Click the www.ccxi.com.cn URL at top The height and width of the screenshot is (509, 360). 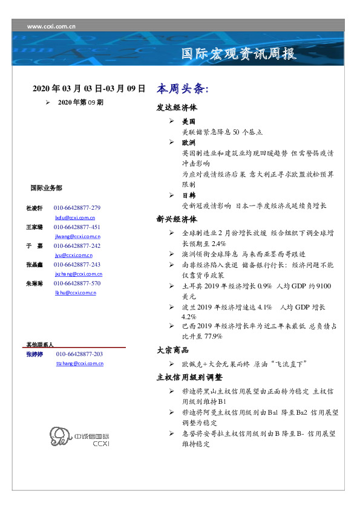coord(51,26)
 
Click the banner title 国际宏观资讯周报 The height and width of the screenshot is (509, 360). coord(239,54)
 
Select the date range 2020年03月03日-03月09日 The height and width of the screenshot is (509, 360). coord(88,89)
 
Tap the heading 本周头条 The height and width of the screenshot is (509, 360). coord(182,89)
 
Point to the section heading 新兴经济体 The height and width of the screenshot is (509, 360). coord(177,219)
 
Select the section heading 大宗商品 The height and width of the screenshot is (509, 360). coord(172,350)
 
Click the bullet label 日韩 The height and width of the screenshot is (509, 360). coord(188,195)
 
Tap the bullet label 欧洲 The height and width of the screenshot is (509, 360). coord(188,143)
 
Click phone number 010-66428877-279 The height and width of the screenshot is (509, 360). coord(77,208)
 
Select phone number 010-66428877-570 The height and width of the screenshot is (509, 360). coord(77,284)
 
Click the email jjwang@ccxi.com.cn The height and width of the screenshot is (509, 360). coord(77,236)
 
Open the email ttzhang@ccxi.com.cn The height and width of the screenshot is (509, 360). coord(79,363)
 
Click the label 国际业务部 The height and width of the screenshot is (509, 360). coord(45,188)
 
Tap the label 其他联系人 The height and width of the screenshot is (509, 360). coord(39,344)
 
